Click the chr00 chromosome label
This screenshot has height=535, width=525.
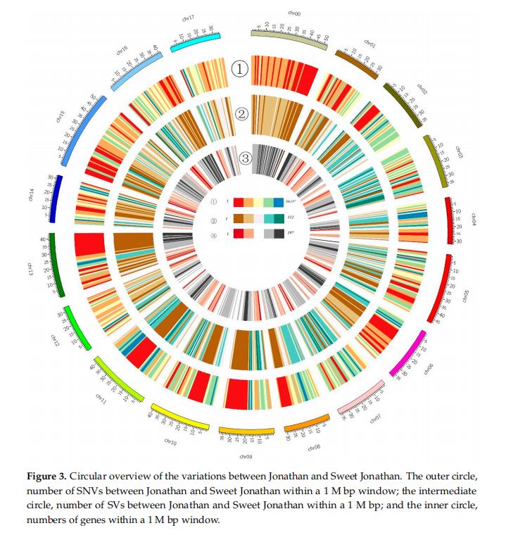[x=294, y=13]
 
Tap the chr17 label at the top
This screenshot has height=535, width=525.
[x=188, y=18]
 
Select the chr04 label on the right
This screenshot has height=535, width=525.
[x=474, y=220]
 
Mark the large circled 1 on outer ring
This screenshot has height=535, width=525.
[x=241, y=69]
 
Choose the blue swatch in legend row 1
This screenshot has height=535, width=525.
[x=278, y=202]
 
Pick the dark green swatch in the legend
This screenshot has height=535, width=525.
[x=278, y=218]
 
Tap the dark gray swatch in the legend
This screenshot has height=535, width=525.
[x=278, y=234]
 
